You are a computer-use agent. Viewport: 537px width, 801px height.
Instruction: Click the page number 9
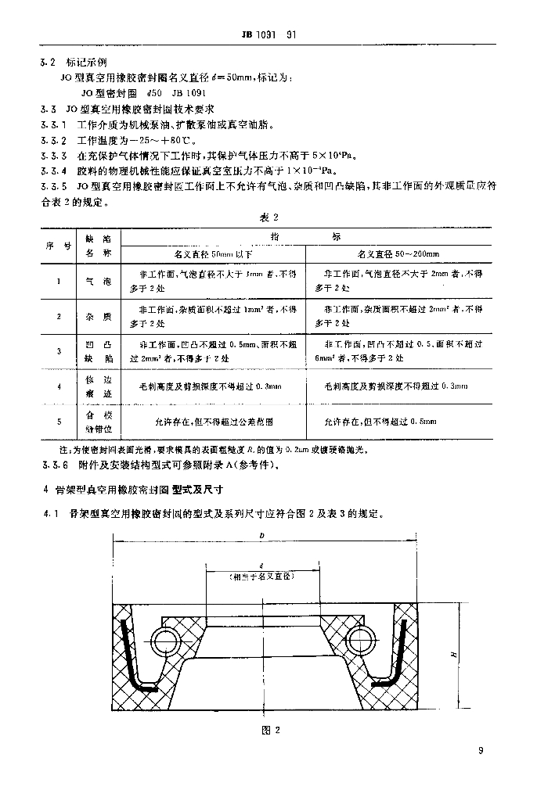click(x=481, y=752)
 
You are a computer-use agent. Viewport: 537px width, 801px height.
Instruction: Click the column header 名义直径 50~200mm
click(x=398, y=254)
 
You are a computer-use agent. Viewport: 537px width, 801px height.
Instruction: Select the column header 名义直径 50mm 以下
click(x=214, y=254)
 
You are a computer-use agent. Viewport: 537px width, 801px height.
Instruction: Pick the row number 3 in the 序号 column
click(x=59, y=351)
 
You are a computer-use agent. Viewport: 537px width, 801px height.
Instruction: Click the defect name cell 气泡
click(x=99, y=282)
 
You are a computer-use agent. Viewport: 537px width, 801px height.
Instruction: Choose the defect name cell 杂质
click(x=99, y=316)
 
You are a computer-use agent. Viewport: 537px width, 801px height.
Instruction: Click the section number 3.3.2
click(x=54, y=141)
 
